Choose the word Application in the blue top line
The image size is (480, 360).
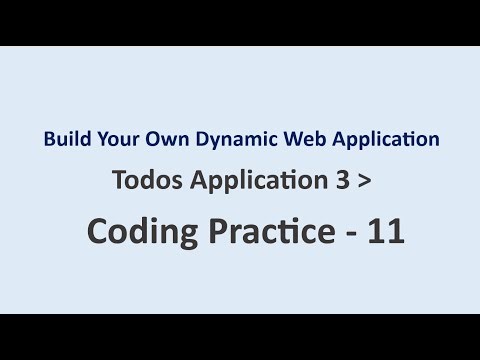tap(367, 139)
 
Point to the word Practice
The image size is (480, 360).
tap(260, 231)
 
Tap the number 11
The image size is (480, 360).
tap(384, 231)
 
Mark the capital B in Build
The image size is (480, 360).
tap(48, 139)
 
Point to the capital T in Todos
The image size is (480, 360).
tap(120, 182)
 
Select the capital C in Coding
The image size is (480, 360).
tap(98, 231)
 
